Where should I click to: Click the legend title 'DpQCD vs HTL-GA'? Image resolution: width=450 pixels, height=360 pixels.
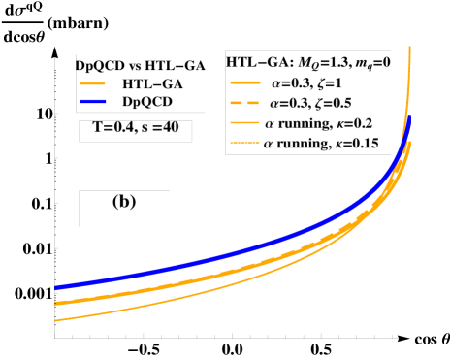(x=141, y=65)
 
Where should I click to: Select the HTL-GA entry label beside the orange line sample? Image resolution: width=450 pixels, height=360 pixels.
(x=153, y=82)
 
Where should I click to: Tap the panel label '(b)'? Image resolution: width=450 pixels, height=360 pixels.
(x=124, y=202)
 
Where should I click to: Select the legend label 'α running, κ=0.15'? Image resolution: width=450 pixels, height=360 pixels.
(x=328, y=145)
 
